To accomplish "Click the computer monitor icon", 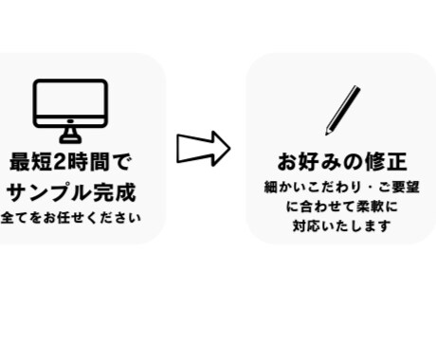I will [71, 104].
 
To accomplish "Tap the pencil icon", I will [342, 110].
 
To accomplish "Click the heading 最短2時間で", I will [71, 161].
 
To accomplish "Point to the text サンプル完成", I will [72, 192].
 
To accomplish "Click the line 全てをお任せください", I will [71, 219].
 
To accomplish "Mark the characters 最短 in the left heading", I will [28, 161].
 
